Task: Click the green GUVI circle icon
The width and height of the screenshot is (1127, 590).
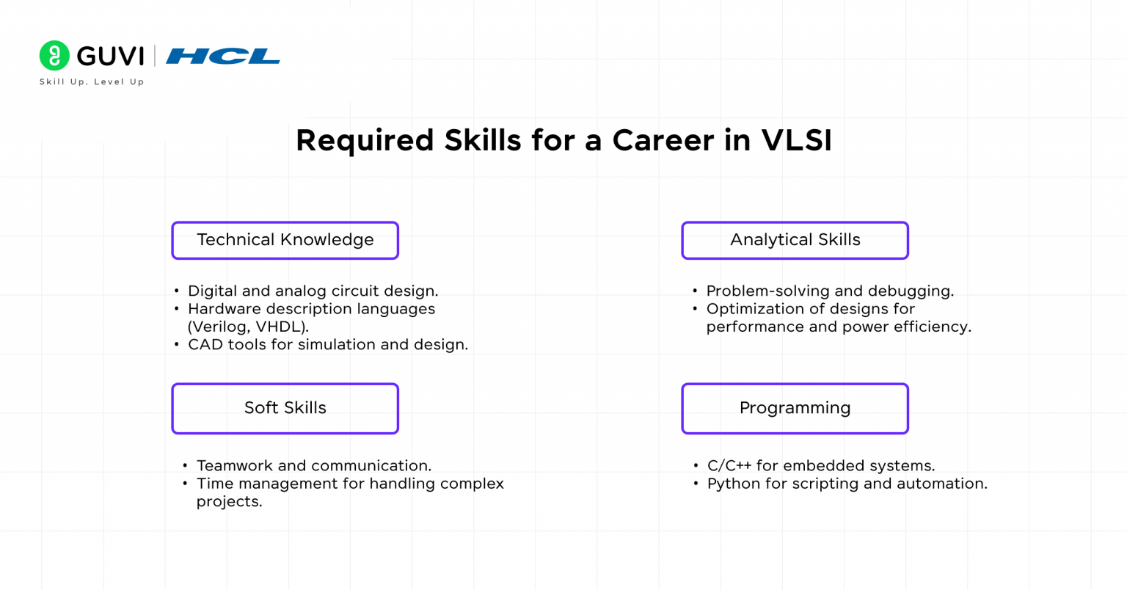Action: tap(54, 56)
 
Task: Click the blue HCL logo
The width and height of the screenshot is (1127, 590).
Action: tap(223, 57)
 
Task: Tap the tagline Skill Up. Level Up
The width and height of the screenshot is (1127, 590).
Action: tap(92, 82)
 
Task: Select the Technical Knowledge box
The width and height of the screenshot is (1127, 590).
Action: tap(285, 240)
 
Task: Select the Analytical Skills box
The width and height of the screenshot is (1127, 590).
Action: tap(795, 240)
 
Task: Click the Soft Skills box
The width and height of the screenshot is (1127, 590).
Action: tap(285, 408)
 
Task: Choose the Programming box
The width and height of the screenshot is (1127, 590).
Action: tap(795, 408)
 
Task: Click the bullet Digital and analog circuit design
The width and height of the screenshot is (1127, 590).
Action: tap(313, 291)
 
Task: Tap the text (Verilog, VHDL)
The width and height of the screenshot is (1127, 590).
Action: tap(248, 327)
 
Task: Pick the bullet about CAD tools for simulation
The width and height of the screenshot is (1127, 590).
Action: tap(327, 345)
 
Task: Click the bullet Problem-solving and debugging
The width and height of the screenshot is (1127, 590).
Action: tap(830, 291)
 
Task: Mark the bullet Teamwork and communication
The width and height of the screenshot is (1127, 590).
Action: tap(314, 466)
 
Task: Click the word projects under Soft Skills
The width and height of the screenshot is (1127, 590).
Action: tap(229, 502)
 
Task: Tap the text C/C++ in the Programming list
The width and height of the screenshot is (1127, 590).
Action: tap(729, 466)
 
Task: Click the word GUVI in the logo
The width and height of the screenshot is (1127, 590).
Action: tap(110, 57)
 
